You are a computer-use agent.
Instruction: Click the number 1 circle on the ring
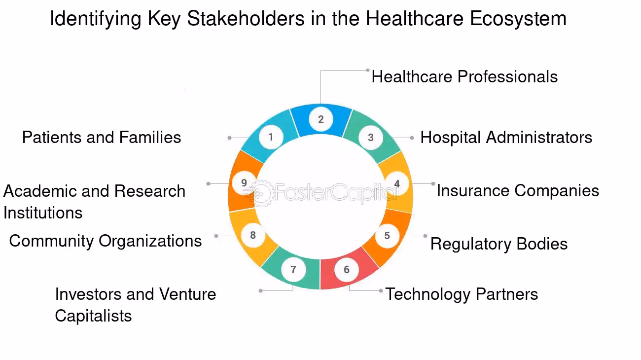pyautogui.click(x=271, y=137)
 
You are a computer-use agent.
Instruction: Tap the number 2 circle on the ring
pyautogui.click(x=321, y=119)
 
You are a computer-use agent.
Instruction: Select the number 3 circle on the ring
pyautogui.click(x=371, y=138)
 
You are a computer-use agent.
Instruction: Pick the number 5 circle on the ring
pyautogui.click(x=387, y=235)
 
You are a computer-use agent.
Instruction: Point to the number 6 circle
pyautogui.click(x=347, y=269)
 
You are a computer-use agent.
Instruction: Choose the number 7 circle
pyautogui.click(x=293, y=269)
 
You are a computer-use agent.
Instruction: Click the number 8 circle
pyautogui.click(x=253, y=235)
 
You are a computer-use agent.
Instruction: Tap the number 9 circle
pyautogui.click(x=244, y=183)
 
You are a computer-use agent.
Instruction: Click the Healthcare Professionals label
pyautogui.click(x=464, y=77)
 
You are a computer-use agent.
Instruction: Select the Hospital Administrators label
pyautogui.click(x=506, y=137)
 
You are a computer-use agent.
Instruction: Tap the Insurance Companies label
pyautogui.click(x=518, y=190)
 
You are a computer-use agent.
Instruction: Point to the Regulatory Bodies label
pyautogui.click(x=499, y=244)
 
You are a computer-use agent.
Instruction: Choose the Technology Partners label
pyautogui.click(x=462, y=294)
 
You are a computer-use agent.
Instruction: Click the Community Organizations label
pyautogui.click(x=105, y=241)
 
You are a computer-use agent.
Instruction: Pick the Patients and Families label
pyautogui.click(x=102, y=137)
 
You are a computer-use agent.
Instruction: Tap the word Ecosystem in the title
pyautogui.click(x=518, y=19)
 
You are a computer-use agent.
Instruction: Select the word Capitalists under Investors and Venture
pyautogui.click(x=93, y=316)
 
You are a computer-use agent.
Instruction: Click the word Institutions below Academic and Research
pyautogui.click(x=43, y=213)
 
